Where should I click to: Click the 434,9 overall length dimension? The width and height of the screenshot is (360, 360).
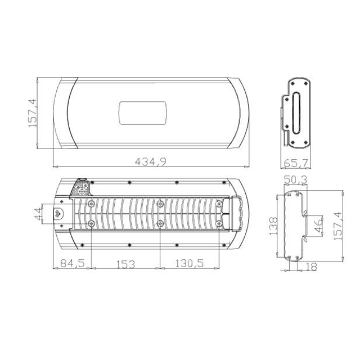[150, 161]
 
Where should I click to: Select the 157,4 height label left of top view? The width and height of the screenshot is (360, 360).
[33, 113]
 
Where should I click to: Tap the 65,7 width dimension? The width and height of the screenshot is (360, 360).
[296, 163]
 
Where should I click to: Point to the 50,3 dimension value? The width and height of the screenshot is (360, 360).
[295, 180]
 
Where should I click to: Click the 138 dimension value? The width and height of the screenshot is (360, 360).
[273, 226]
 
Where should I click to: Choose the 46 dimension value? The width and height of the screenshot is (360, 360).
[318, 226]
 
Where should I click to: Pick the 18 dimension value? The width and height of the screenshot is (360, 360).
[311, 267]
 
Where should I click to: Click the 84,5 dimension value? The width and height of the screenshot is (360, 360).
[73, 263]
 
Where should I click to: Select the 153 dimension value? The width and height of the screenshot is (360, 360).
[125, 264]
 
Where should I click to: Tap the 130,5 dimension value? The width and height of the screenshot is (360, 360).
[190, 263]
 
